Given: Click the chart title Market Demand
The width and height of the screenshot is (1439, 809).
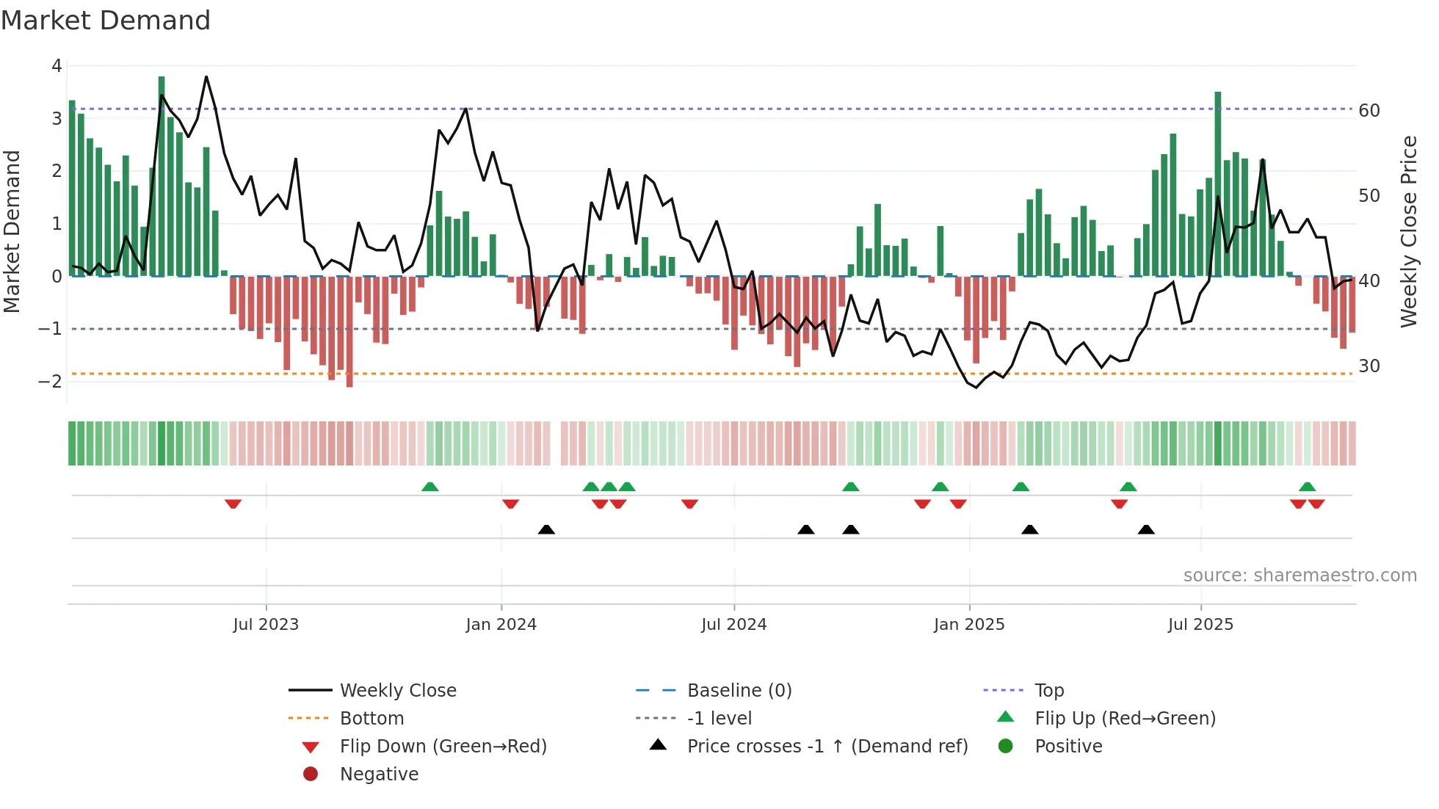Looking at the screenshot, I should click(106, 21).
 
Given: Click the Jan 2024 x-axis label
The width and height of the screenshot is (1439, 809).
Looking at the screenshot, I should click(501, 625).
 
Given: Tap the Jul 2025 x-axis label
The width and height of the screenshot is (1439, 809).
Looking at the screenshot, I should click(1200, 625).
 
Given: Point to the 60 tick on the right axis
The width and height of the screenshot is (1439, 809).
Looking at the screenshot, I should click(1369, 111).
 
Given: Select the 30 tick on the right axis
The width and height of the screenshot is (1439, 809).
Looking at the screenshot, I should click(1369, 366).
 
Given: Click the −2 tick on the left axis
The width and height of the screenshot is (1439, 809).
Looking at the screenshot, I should click(51, 381).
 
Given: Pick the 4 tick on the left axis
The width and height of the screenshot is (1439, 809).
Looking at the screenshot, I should click(57, 66).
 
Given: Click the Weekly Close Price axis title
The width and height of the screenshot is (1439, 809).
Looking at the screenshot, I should click(1408, 231).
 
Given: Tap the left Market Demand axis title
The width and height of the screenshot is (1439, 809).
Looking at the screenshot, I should click(12, 231).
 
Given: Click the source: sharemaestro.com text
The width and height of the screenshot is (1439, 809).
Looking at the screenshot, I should click(1300, 576).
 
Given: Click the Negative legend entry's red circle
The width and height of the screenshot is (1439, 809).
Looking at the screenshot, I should click(311, 774).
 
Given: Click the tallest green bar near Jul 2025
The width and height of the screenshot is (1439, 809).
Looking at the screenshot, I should click(1218, 184).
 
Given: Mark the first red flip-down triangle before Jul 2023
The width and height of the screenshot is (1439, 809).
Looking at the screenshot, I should click(233, 504).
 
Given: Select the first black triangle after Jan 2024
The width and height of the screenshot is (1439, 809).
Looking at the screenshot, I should click(546, 530).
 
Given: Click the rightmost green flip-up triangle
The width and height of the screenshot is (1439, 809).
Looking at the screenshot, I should click(1307, 487).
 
